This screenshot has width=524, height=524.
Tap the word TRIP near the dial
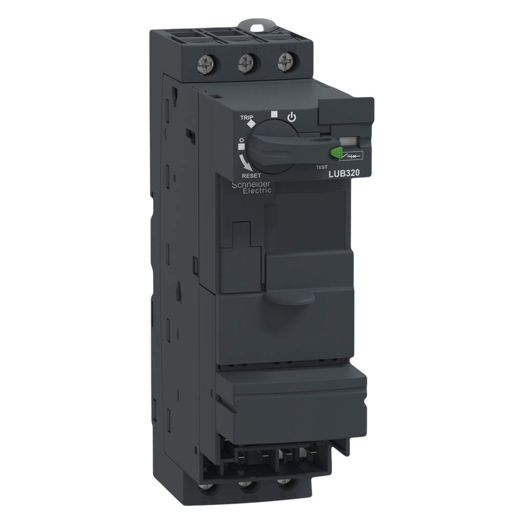click(247, 117)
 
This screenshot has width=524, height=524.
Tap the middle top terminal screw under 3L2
click(245, 65)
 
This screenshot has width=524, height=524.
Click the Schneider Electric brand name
click(249, 187)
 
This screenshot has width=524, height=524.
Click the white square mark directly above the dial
click(274, 114)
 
